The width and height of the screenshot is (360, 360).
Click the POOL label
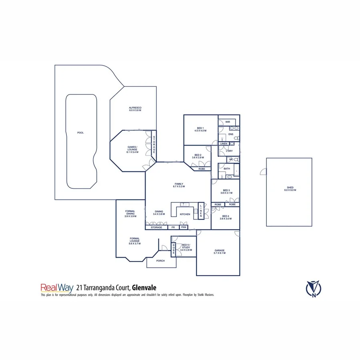pos(81,132)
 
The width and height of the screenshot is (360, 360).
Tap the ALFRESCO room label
pos(135,109)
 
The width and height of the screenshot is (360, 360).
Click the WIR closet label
pos(228,122)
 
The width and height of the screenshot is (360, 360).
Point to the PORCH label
pos(160,261)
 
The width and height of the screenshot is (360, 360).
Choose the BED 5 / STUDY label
pos(186,248)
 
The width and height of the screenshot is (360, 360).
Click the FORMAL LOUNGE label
pos(134,240)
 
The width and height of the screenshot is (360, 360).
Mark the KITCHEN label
pos(185,214)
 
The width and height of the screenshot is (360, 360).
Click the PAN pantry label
pos(184,227)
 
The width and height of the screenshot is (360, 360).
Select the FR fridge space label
pos(173,227)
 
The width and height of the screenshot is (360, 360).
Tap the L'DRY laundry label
pos(229,151)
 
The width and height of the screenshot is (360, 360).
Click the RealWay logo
pos(54,287)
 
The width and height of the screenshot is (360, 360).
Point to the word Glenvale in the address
pos(145,287)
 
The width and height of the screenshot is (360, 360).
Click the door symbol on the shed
pos(263,172)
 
